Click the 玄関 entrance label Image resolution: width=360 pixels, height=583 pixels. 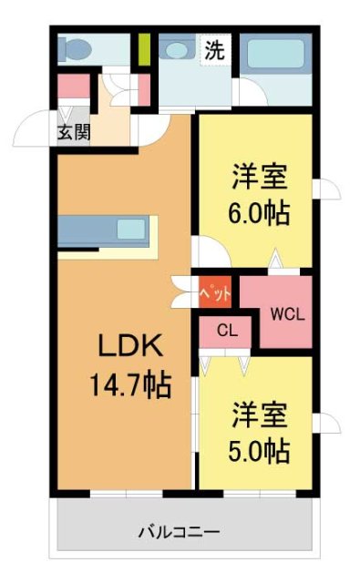point(74,132)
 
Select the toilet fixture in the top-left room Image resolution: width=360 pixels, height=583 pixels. point(74,46)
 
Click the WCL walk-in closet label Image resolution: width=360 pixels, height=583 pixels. point(287,313)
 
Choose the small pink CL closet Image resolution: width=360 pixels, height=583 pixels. point(228,332)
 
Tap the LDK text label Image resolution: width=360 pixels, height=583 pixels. point(129,346)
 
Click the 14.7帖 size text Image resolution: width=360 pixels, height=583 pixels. point(129,385)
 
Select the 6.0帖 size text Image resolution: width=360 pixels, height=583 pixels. point(258,214)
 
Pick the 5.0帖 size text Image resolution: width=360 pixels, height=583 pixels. point(258,450)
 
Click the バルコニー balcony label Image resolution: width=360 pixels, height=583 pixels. point(179,530)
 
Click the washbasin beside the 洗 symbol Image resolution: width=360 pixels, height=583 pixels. point(172,50)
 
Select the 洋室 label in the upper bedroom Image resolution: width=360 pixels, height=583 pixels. point(258,173)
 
